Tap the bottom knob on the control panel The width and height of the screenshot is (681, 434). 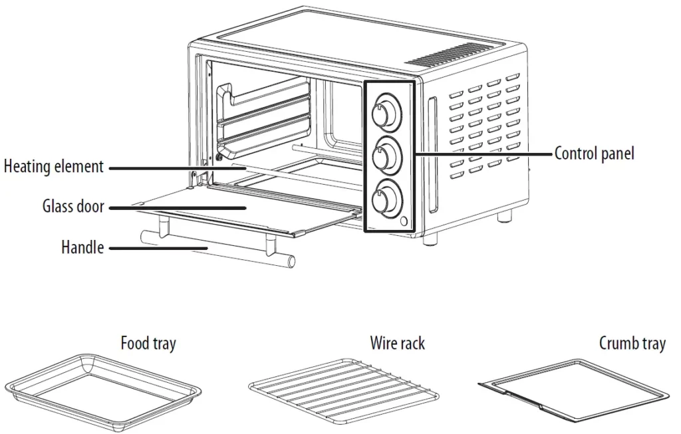(386, 197)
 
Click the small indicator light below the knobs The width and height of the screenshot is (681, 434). (405, 221)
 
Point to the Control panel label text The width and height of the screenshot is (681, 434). (594, 154)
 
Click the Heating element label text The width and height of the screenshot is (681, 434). (54, 167)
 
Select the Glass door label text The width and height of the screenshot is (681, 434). (73, 206)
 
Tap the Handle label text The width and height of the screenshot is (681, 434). (82, 247)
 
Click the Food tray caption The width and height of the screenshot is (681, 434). (148, 344)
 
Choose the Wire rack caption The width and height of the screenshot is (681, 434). (398, 343)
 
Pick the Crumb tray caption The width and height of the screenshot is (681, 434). (632, 344)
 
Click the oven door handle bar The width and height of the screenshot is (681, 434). (218, 248)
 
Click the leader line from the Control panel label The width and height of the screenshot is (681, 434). (484, 154)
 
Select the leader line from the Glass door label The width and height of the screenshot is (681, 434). (177, 208)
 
